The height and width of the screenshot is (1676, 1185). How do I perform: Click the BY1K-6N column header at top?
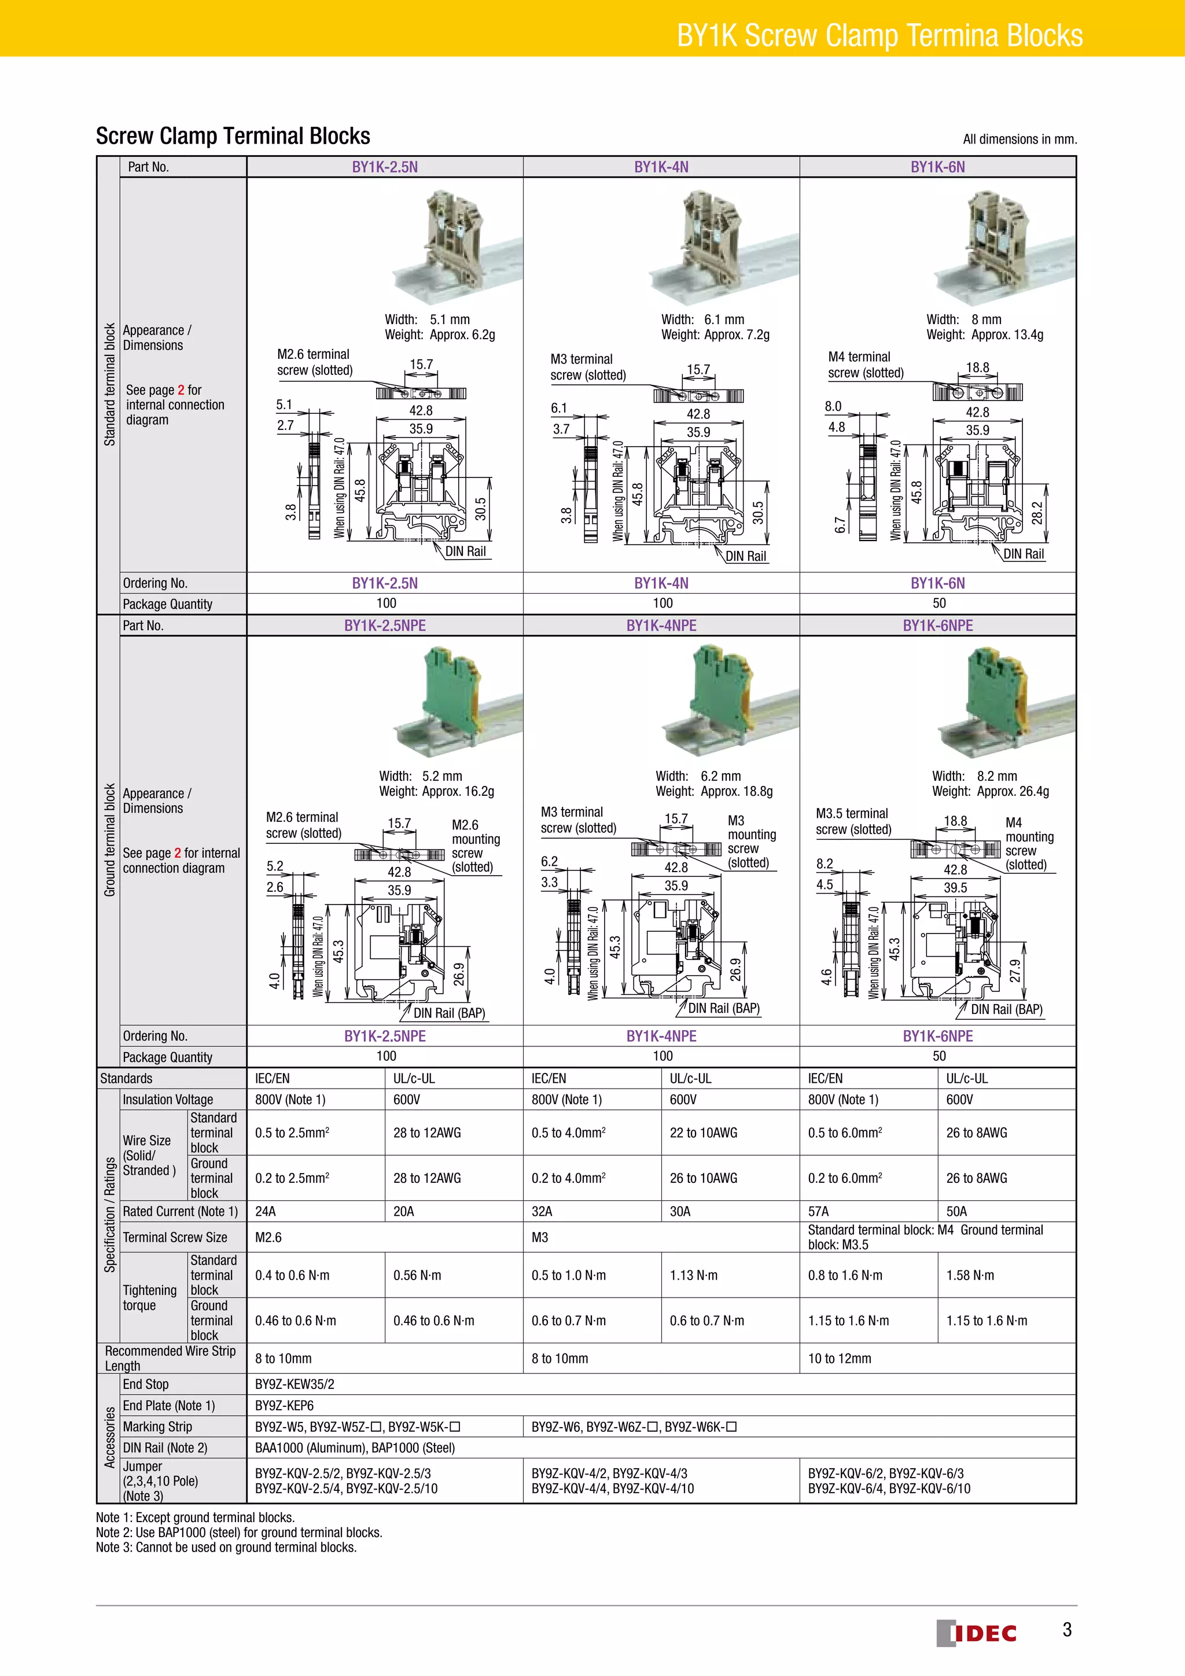pos(937,167)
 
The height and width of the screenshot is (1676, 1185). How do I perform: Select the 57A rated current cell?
pos(818,1212)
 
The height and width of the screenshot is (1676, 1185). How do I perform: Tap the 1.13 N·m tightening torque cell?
pos(693,1276)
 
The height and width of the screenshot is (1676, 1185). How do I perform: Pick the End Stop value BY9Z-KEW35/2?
pos(295,1384)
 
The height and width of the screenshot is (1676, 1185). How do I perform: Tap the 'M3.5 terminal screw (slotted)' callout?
pos(853,821)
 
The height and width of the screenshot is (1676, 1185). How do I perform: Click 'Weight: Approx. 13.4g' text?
pos(984,335)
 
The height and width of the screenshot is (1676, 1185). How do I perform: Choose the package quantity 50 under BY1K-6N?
pos(939,604)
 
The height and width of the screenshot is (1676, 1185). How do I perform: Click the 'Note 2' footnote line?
pos(238,1533)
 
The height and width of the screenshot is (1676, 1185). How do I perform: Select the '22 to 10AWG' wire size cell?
pos(704,1133)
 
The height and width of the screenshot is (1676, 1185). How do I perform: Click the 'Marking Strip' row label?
pos(157,1427)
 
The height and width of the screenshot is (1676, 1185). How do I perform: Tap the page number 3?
pos(1067,1630)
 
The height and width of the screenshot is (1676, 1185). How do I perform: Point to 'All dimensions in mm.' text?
pos(1020,139)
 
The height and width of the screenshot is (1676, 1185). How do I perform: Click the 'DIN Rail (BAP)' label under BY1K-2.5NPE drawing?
pos(449,1013)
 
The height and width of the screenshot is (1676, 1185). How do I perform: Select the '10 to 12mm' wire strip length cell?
pos(839,1358)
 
